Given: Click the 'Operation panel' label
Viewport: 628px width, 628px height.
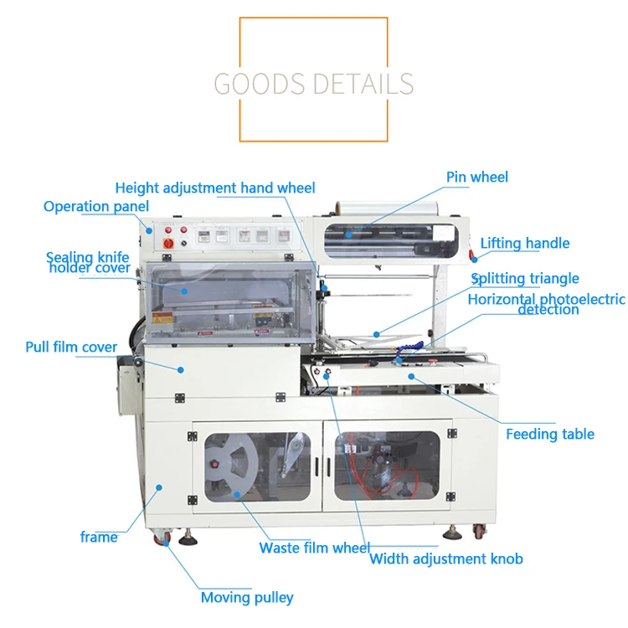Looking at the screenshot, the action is (96, 206).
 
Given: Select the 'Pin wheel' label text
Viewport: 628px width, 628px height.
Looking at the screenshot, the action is (477, 177).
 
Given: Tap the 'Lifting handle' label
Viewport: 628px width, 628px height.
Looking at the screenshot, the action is (525, 244).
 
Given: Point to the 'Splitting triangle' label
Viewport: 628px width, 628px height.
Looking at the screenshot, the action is (525, 279).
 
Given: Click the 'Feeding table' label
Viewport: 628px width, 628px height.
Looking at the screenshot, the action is (550, 434).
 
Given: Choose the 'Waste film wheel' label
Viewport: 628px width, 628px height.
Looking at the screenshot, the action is (314, 548).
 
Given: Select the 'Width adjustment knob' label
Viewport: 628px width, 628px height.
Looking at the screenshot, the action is (446, 559).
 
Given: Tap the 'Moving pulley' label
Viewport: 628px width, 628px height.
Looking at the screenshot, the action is (247, 597).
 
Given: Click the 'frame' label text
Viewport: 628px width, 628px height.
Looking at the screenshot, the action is (99, 537).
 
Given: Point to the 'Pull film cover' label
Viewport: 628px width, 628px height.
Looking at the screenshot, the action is (71, 347).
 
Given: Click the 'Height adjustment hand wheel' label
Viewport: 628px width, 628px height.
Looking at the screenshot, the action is (215, 188).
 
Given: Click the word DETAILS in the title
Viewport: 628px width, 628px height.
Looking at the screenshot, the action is (362, 84).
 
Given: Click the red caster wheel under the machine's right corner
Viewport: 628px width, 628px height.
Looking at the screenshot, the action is (478, 531).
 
